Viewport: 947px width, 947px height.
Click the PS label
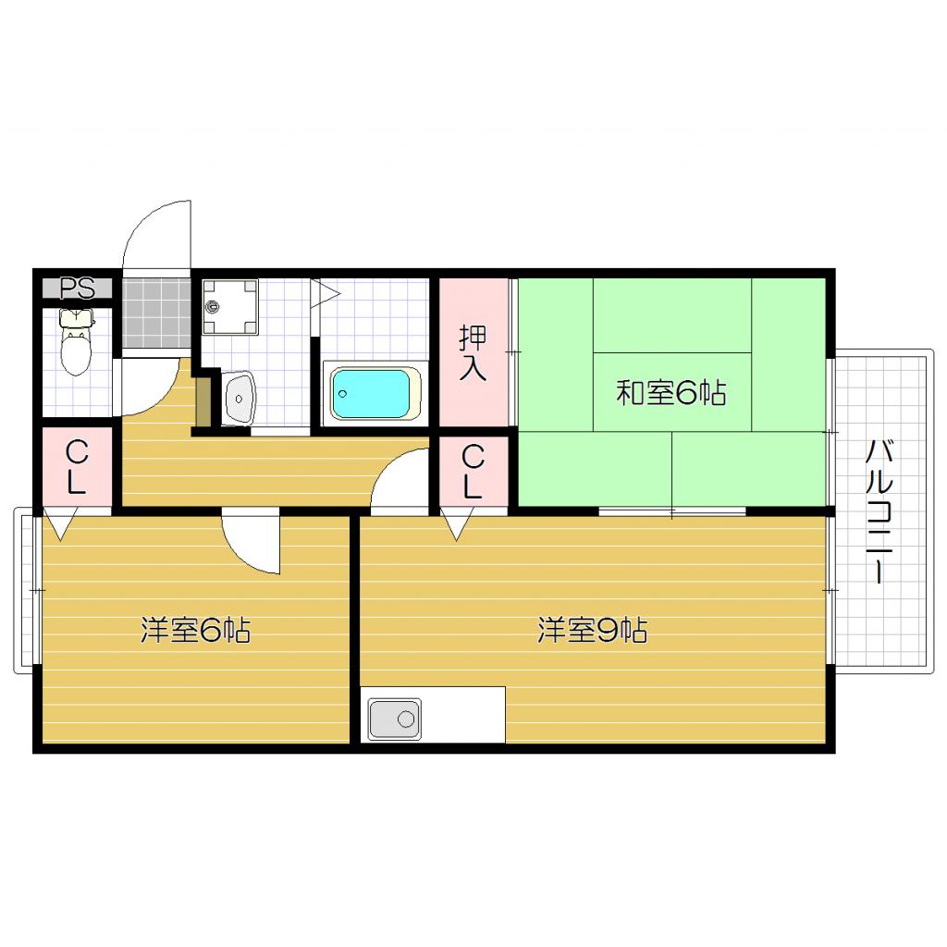click(78, 288)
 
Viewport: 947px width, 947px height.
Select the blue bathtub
click(371, 393)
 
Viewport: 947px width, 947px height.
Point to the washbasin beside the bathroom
click(239, 399)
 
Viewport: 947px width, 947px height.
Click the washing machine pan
click(230, 304)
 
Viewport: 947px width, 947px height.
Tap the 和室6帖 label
click(670, 394)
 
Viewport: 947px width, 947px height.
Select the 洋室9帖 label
click(592, 631)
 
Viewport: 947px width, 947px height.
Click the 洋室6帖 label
click(195, 631)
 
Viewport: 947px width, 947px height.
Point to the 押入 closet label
click(473, 352)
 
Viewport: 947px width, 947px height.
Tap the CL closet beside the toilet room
click(76, 468)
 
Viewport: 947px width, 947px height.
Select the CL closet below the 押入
click(473, 471)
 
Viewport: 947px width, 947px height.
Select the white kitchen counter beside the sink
click(463, 714)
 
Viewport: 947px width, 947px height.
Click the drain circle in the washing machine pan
click(213, 304)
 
